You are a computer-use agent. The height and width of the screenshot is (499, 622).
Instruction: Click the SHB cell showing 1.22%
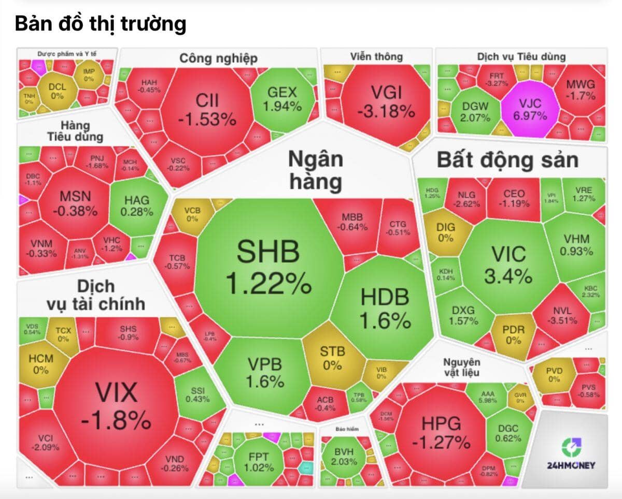(x=268, y=267)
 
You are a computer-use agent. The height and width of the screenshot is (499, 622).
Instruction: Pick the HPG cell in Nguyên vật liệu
(x=441, y=432)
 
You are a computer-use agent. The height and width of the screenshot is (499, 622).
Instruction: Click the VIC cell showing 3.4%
(x=508, y=264)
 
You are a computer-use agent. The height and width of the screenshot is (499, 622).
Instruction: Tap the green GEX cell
(x=282, y=99)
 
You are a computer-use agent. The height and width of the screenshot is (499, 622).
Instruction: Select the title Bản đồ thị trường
(x=101, y=24)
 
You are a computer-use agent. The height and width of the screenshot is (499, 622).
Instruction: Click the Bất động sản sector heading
(x=507, y=160)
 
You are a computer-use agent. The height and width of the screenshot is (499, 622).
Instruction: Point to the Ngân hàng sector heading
(x=315, y=170)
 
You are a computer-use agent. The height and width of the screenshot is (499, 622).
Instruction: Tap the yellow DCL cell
(x=57, y=91)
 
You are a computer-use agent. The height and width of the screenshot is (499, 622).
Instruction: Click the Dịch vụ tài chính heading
(x=95, y=295)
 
